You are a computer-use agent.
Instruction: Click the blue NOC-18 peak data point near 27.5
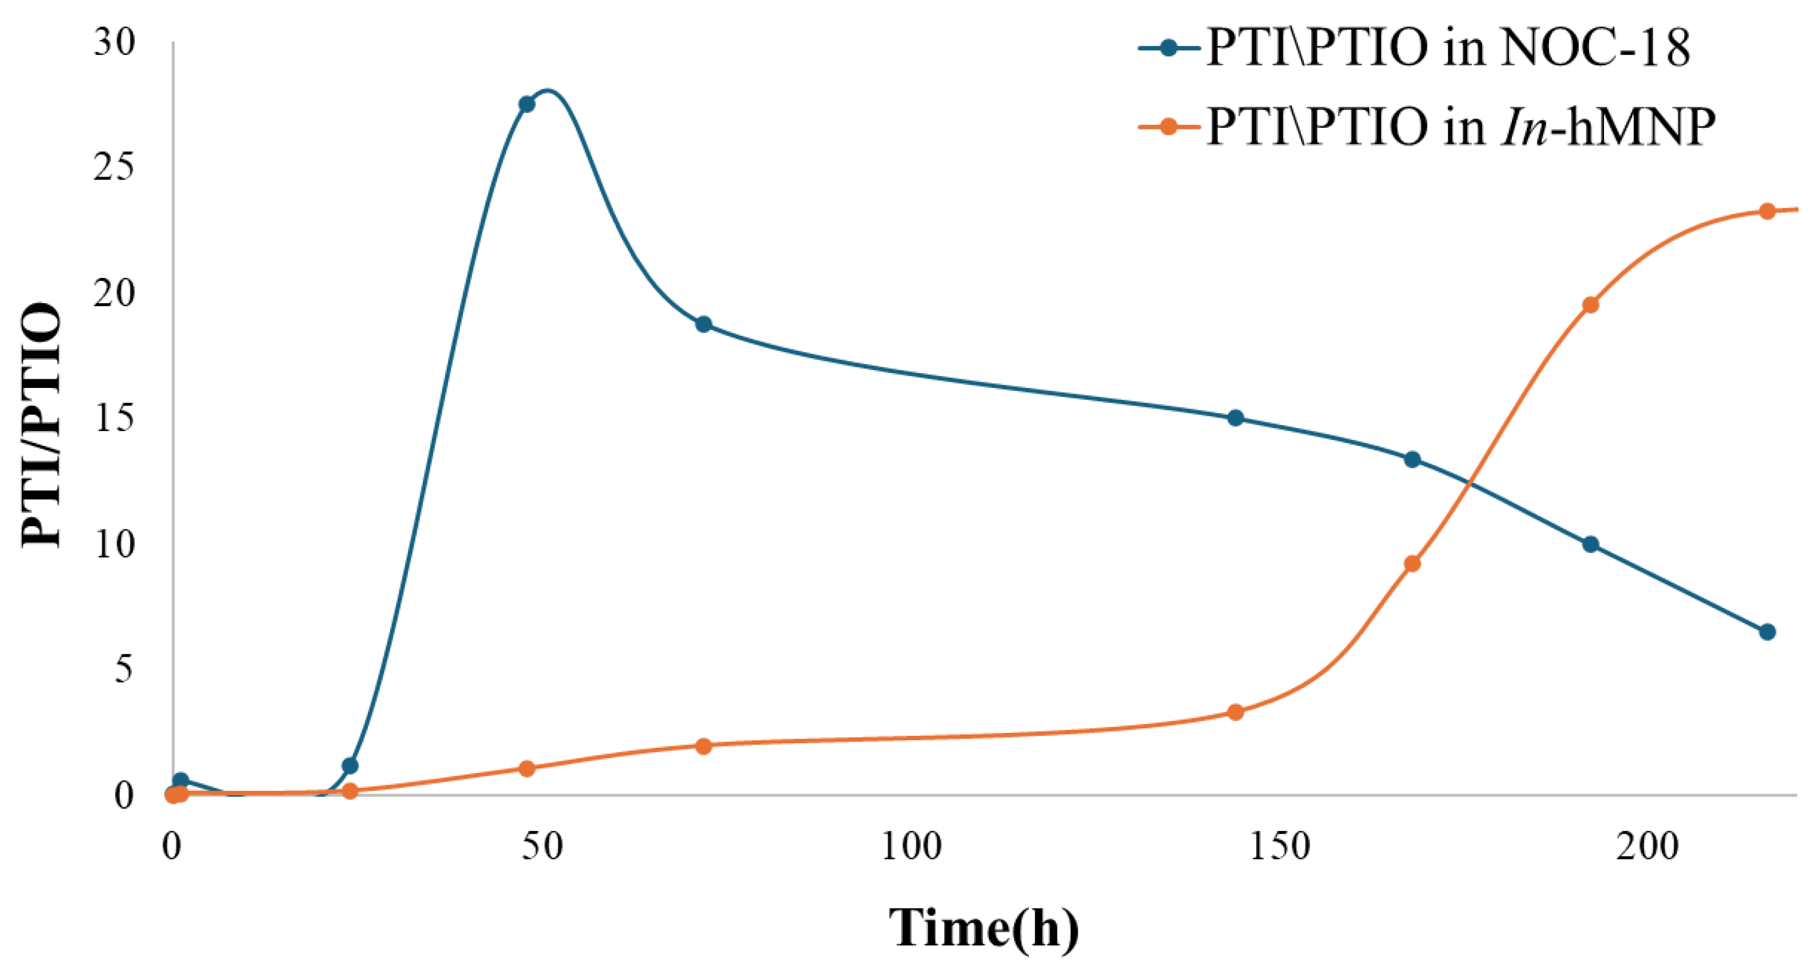(526, 104)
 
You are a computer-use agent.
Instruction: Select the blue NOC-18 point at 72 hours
(703, 324)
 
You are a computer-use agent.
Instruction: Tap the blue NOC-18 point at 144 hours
(1235, 418)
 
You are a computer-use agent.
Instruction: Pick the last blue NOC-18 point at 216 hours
(1767, 631)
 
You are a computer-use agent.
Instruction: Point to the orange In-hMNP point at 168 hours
(1412, 564)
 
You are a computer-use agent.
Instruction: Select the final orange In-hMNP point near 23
(1767, 211)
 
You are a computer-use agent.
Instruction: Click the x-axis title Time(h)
(984, 928)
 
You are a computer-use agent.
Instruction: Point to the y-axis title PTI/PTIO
(41, 425)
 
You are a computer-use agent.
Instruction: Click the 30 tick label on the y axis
(114, 44)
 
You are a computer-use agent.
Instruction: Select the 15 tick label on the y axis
(114, 419)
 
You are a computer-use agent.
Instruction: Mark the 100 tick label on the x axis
(911, 846)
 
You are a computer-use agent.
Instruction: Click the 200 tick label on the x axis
(1648, 846)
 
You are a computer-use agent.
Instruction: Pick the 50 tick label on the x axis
(542, 846)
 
